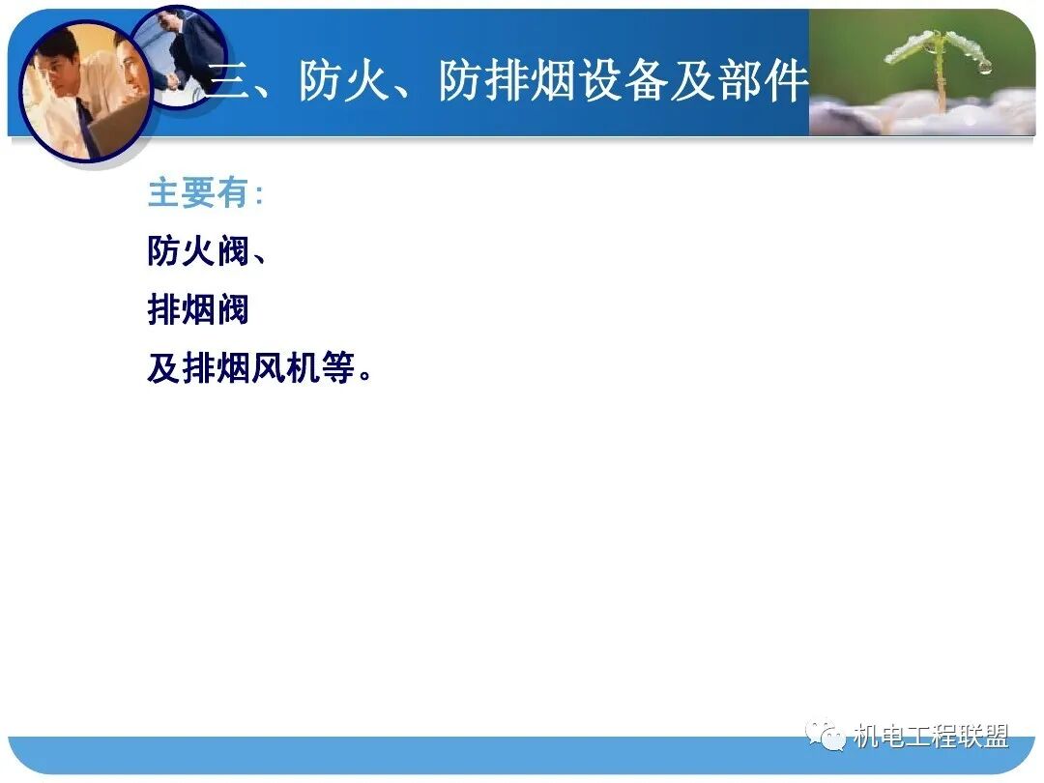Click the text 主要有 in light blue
[198, 193]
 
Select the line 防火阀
[198, 252]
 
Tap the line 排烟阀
[198, 310]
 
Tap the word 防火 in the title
[345, 82]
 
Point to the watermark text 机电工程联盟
[931, 738]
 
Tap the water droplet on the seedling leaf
[983, 67]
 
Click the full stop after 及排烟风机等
[366, 376]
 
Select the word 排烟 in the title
[508, 82]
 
